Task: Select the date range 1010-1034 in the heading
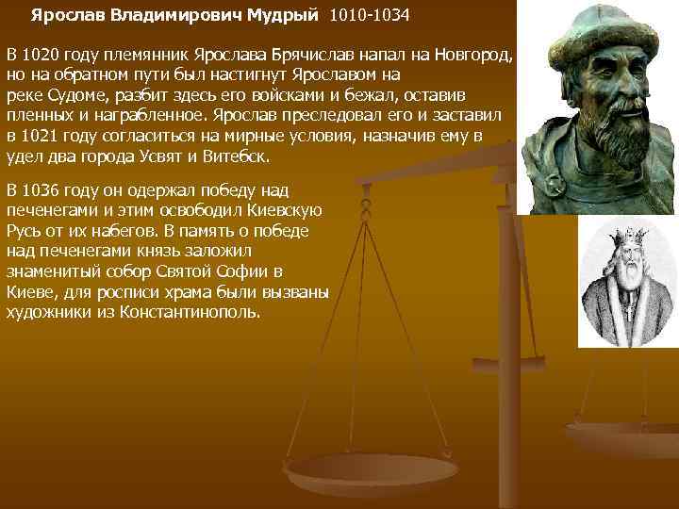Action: coord(370,17)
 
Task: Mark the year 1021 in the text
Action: coord(39,139)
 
